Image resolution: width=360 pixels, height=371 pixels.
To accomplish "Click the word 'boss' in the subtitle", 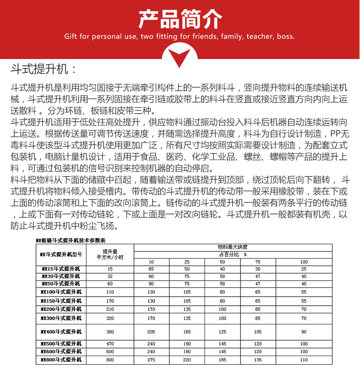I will click(x=285, y=36).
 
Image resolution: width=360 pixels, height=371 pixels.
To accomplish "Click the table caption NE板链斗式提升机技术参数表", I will click(x=71, y=239).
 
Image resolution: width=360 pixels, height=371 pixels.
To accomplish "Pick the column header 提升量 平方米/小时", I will click(x=110, y=254).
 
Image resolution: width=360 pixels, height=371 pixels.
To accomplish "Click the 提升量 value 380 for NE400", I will click(x=110, y=331).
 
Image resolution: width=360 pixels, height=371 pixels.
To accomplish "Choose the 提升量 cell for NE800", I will click(x=110, y=359).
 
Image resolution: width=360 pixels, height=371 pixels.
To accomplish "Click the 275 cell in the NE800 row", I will click(x=151, y=359).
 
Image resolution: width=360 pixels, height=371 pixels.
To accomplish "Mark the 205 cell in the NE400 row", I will click(x=151, y=331).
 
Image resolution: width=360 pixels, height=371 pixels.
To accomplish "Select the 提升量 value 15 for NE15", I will click(x=110, y=269).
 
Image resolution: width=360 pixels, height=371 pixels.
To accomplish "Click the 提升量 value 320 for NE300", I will click(x=110, y=318).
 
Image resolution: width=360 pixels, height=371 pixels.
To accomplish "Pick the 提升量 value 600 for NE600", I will click(x=110, y=351).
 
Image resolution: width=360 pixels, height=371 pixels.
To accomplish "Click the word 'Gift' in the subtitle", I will click(x=71, y=36).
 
